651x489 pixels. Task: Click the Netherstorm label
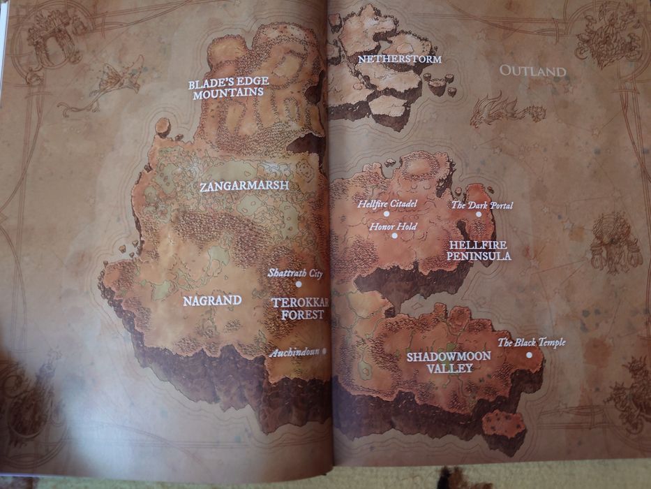400,59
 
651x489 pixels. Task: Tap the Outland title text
532,71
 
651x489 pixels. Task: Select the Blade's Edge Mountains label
228,87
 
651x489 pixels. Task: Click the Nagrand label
212,300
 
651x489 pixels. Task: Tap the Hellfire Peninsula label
479,251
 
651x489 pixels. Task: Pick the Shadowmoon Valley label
449,362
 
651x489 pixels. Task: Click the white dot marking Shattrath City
299,284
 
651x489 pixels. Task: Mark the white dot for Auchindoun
325,351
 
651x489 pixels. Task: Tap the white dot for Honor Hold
395,235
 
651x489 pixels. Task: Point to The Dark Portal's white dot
479,214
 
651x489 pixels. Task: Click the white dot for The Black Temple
529,355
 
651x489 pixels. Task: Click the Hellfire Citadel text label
387,204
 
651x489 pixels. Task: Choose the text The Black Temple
531,342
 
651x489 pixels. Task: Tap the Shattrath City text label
295,273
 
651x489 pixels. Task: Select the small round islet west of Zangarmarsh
163,126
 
